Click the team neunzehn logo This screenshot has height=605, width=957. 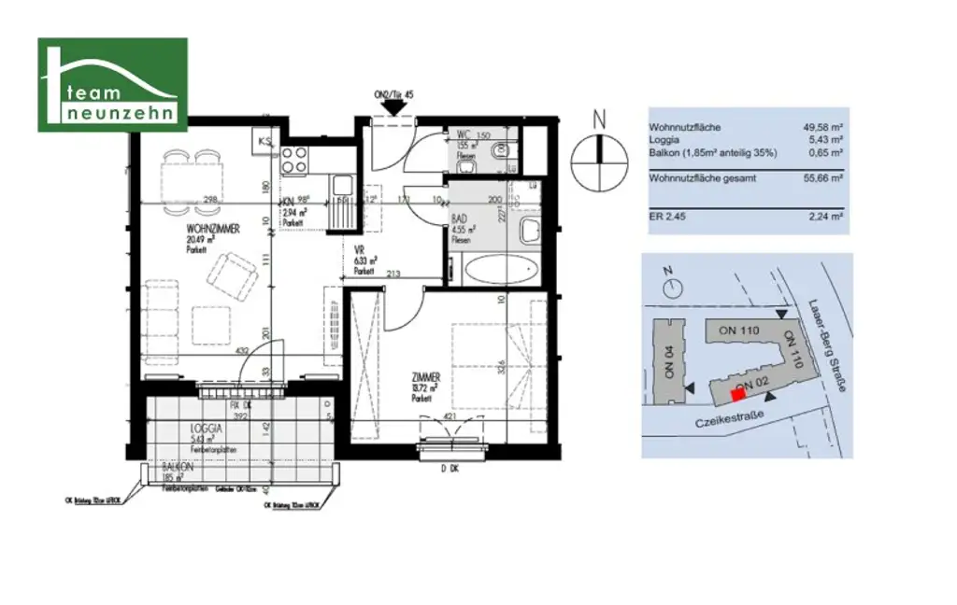point(112,85)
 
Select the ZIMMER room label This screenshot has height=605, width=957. point(425,377)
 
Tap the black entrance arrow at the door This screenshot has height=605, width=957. point(393,106)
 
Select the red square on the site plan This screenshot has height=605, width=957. point(738,394)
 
